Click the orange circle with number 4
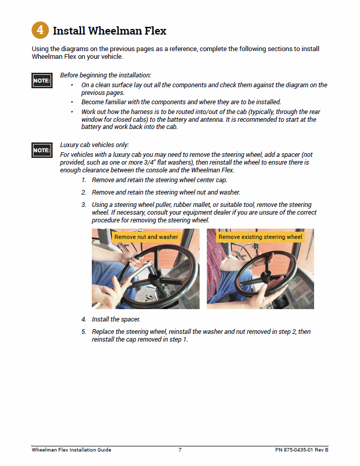40,30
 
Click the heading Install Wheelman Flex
109,31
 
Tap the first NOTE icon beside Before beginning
42,81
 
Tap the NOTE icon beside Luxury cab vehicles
42,150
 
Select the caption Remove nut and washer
146,237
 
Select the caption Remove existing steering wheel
260,237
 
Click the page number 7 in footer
180,450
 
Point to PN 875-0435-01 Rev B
302,450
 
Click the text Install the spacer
116,319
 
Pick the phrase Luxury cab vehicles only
94,144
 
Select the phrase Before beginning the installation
105,75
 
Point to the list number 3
84,205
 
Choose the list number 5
84,332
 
